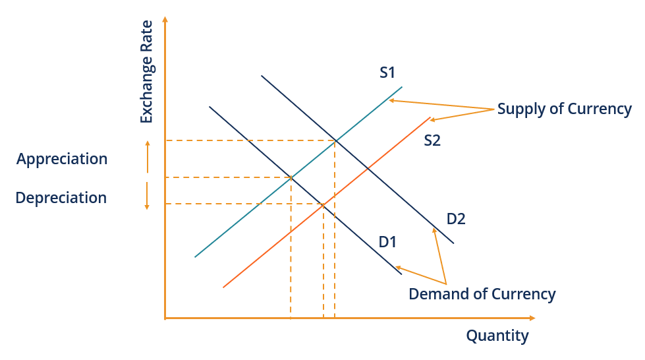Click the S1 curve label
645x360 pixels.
pos(387,73)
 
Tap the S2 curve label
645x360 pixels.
pos(432,140)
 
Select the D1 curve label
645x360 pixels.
pos(387,242)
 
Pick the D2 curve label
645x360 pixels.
pos(456,218)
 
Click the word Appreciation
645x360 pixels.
pos(62,160)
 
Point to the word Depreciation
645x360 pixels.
pos(61,198)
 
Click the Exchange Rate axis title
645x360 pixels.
pos(146,72)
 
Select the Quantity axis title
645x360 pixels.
pos(497,336)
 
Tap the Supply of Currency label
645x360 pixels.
pos(565,109)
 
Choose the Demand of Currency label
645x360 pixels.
pos(482,294)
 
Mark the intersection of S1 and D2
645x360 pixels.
pos(335,140)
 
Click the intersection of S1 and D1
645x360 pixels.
pos(291,177)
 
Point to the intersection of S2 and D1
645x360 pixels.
pos(323,204)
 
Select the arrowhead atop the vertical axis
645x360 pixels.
pos(165,22)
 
